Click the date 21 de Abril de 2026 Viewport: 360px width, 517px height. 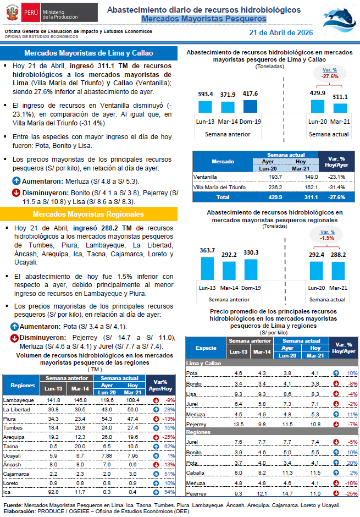point(281,33)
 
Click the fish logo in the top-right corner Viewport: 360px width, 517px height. point(340,17)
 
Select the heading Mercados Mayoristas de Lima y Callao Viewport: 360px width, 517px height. point(88,53)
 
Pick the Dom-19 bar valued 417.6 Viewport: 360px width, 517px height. point(251,106)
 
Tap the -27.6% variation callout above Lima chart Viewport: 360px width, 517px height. point(330,73)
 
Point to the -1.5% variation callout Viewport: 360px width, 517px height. point(328,235)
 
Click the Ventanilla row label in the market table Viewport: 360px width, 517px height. point(206,177)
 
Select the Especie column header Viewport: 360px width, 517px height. point(206,348)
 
